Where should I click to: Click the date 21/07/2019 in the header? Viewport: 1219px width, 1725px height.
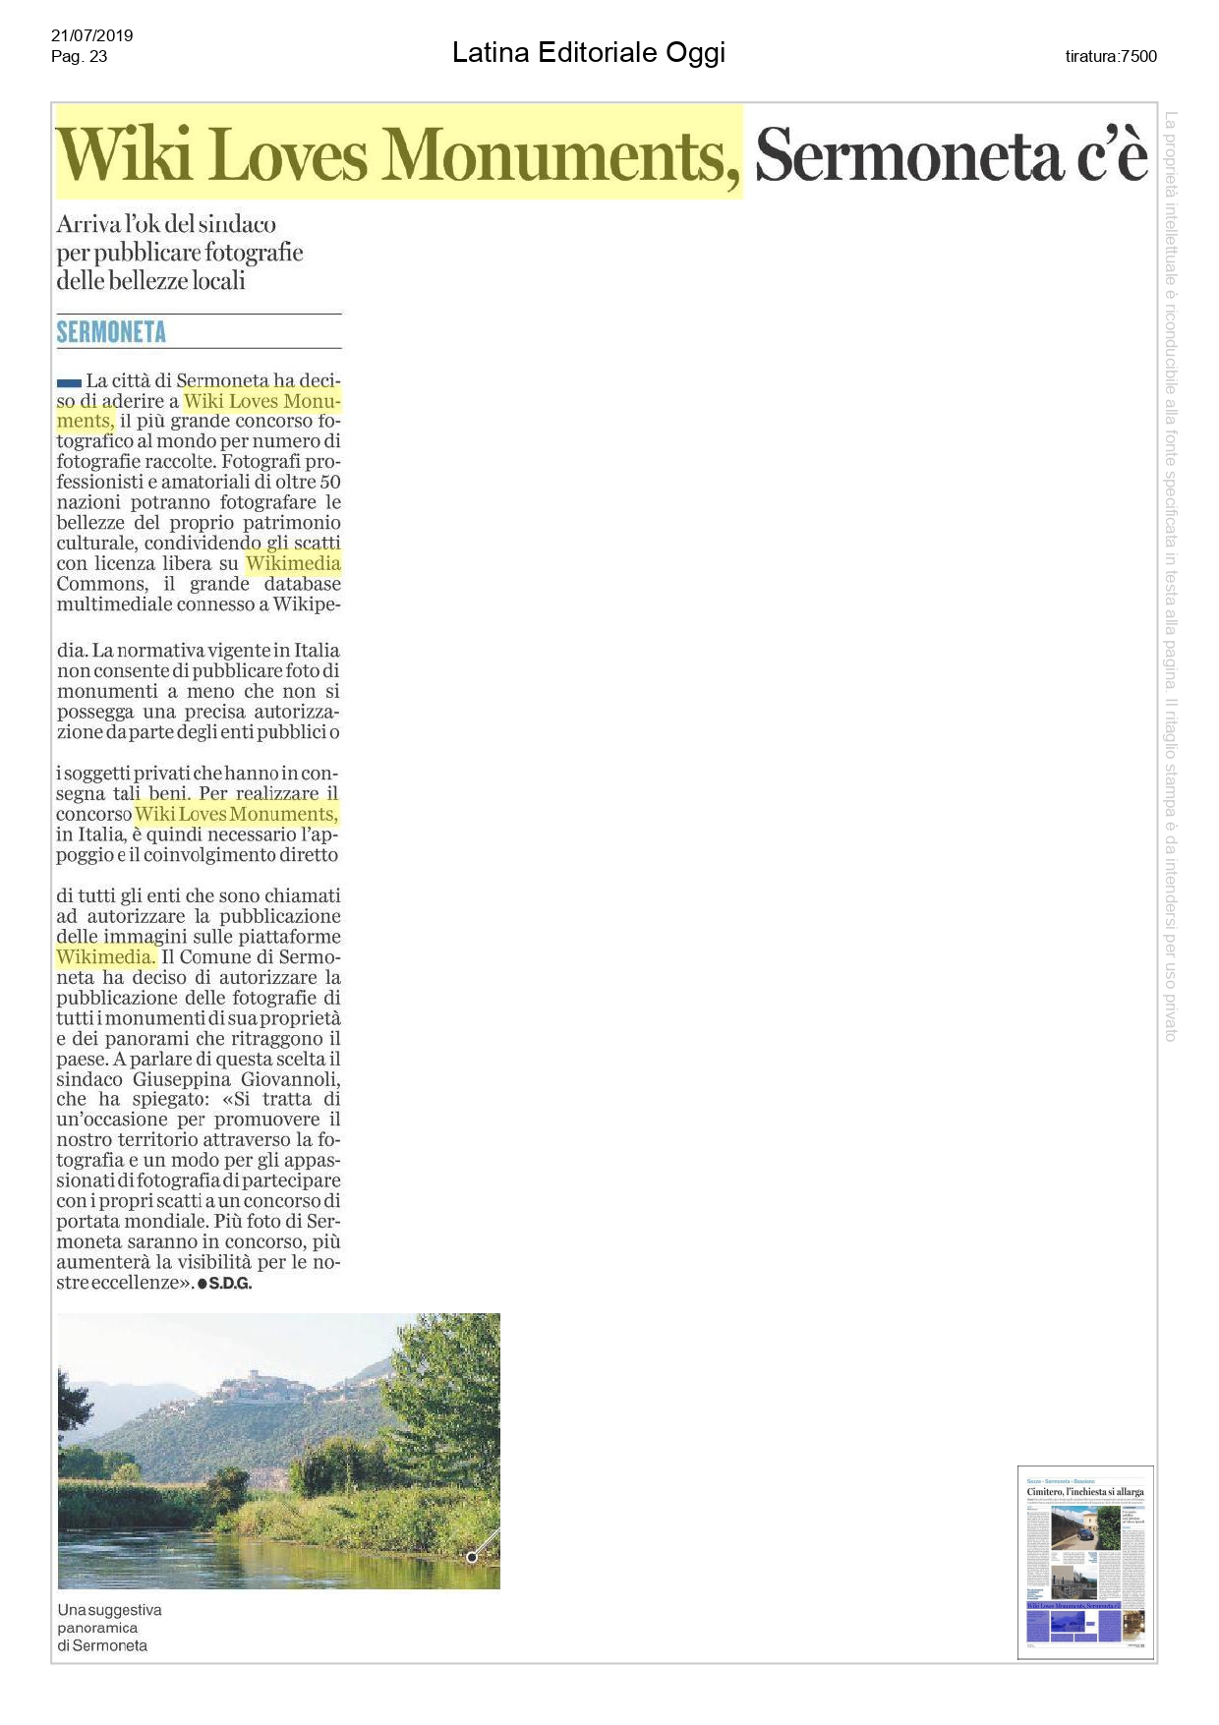[x=91, y=35]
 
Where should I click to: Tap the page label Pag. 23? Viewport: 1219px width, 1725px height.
[x=79, y=56]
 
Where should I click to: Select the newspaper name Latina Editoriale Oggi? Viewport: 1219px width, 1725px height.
[x=588, y=52]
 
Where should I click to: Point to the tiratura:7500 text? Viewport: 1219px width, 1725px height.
[x=1111, y=56]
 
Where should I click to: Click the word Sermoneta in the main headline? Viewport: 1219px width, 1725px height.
[x=909, y=155]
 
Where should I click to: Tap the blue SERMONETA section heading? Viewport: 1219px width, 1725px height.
[x=111, y=332]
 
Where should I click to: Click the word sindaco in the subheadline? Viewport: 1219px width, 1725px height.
[x=237, y=224]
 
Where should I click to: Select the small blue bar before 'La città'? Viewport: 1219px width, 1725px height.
[x=69, y=381]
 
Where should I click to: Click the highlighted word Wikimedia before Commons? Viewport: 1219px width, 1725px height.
[x=293, y=563]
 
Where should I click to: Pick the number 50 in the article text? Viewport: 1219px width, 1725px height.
[x=330, y=482]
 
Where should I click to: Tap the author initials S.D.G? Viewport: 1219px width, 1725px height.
[x=230, y=1284]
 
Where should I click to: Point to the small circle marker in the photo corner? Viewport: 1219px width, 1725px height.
[x=472, y=1557]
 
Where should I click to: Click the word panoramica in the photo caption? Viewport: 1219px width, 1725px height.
[x=97, y=1628]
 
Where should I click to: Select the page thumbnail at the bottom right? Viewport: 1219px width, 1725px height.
[x=1085, y=1562]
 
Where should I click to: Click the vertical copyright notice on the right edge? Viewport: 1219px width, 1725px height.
[x=1170, y=575]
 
